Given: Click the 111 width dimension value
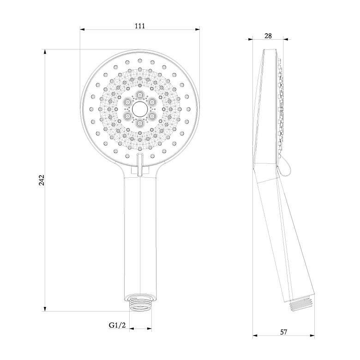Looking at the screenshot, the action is (140, 26).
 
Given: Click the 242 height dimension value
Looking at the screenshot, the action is (42, 180).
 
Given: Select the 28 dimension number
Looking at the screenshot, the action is (268, 36).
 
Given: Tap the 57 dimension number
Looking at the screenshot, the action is (284, 332).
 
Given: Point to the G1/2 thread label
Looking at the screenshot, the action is (117, 325).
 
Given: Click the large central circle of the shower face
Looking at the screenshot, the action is (139, 109).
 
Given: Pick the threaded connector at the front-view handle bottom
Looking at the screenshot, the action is (140, 305).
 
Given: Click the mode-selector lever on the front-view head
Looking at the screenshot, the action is (140, 165).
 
